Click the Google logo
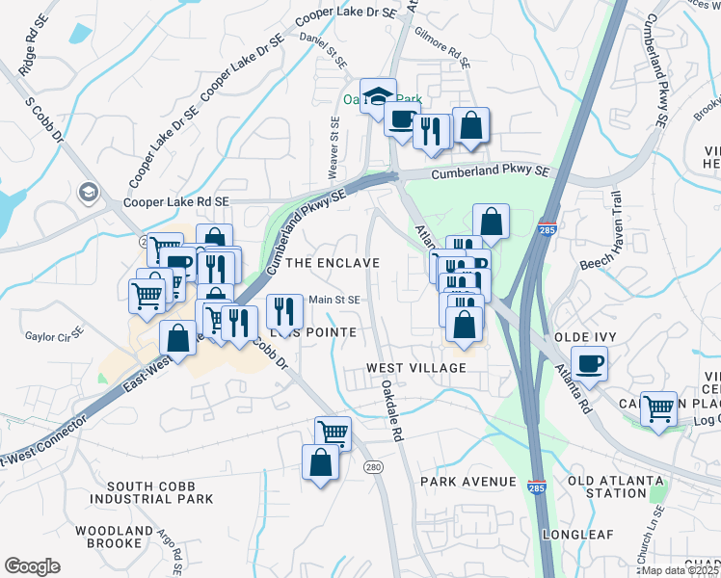[32, 566]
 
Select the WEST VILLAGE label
[415, 368]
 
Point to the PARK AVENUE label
[468, 481]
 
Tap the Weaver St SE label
[334, 146]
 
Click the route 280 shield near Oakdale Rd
[373, 467]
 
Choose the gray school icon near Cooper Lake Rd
[90, 192]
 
